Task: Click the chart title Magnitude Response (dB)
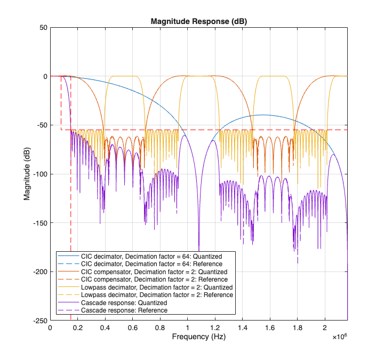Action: (199, 22)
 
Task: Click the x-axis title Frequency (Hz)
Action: (199, 338)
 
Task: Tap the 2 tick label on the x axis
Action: (325, 327)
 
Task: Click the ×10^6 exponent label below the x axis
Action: (339, 337)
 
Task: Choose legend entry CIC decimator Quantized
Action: (151, 256)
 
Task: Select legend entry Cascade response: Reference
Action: (124, 310)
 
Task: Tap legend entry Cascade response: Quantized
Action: (124, 302)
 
